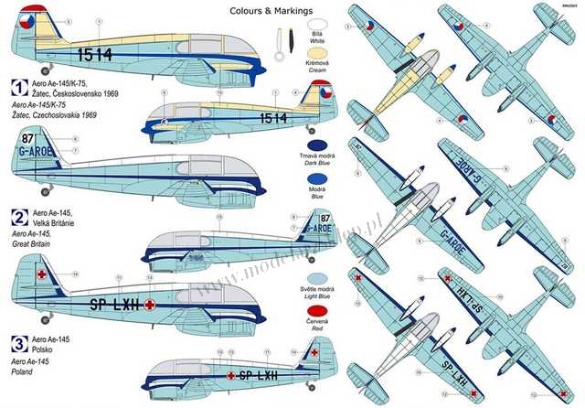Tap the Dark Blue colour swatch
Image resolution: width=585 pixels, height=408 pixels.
[317, 146]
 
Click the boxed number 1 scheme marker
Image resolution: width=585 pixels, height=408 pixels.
[16, 90]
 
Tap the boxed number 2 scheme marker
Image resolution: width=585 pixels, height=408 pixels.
[16, 218]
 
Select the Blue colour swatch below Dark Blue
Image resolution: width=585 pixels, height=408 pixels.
[317, 181]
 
